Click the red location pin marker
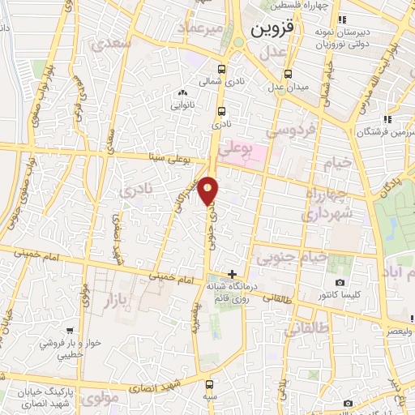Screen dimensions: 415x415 209,190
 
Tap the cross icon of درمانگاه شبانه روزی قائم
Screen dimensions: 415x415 233,274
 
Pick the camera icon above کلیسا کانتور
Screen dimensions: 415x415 340,283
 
